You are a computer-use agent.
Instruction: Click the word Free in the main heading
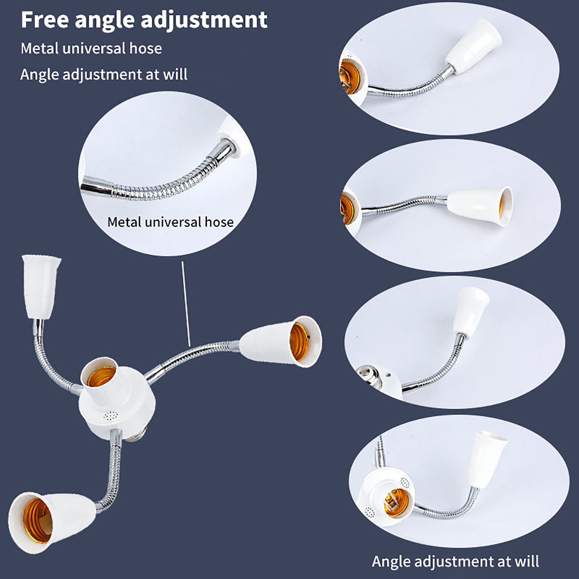tap(45, 20)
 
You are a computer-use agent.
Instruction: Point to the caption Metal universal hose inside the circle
tap(170, 222)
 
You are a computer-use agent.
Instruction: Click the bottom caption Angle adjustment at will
tap(455, 561)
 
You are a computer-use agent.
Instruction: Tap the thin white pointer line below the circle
tap(186, 304)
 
